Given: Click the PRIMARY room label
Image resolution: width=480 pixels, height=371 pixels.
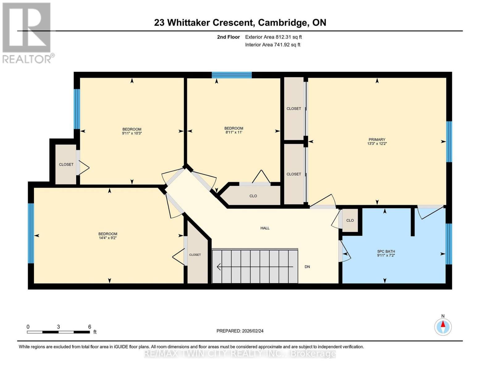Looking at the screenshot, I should click(377, 139).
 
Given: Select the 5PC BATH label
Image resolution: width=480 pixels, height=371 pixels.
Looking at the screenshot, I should click(386, 251).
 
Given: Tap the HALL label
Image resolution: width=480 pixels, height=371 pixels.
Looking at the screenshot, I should click(265, 228).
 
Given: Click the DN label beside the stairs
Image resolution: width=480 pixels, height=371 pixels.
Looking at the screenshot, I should click(307, 267).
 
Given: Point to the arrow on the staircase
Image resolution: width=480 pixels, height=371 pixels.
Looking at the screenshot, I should click(255, 267).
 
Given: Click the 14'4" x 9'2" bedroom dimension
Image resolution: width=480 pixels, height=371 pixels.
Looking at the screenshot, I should click(107, 238).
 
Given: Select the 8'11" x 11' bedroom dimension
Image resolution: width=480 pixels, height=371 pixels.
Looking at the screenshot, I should click(234, 132).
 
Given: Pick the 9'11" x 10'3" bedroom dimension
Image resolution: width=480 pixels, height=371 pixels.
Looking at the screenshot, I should click(132, 133).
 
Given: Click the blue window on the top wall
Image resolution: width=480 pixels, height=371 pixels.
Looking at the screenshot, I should click(232, 75).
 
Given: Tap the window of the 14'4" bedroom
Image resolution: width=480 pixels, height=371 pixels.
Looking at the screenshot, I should click(31, 233).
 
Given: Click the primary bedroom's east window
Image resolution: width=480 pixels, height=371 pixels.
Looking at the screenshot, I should click(449, 142).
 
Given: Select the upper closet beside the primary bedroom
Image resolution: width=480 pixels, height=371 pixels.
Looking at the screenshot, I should click(294, 109).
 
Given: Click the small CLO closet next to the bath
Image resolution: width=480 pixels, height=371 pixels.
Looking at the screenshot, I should click(350, 220).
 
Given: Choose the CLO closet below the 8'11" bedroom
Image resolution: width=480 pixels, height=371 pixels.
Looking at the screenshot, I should click(253, 196).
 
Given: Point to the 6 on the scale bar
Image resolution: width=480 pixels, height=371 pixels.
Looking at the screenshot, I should click(90, 327).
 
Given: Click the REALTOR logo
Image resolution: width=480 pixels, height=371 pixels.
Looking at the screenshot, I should click(27, 33).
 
